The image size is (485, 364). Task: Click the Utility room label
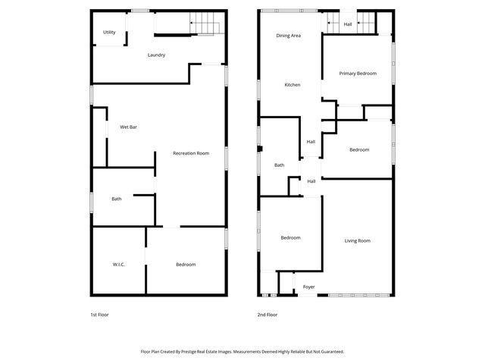pyautogui.click(x=109, y=33)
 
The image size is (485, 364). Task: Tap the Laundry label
pyautogui.click(x=157, y=55)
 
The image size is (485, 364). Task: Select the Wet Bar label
pyautogui.click(x=128, y=127)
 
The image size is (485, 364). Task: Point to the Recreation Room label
pyautogui.click(x=190, y=154)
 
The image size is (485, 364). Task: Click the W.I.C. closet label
pyautogui.click(x=118, y=265)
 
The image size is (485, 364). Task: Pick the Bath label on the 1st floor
pyautogui.click(x=117, y=199)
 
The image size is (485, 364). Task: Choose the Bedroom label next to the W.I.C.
pyautogui.click(x=186, y=265)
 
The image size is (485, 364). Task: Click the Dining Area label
pyautogui.click(x=288, y=36)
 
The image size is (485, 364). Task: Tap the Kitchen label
pyautogui.click(x=293, y=85)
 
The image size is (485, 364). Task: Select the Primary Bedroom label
pyautogui.click(x=358, y=74)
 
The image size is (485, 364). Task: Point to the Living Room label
pyautogui.click(x=358, y=241)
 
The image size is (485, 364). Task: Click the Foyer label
pyautogui.click(x=309, y=287)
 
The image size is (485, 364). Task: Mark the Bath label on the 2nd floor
pyautogui.click(x=279, y=165)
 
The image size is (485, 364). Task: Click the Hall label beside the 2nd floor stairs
pyautogui.click(x=348, y=24)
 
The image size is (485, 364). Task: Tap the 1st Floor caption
pyautogui.click(x=99, y=314)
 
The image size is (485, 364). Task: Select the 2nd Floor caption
pyautogui.click(x=268, y=314)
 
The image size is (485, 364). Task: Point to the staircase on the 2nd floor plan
pyautogui.click(x=366, y=24)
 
